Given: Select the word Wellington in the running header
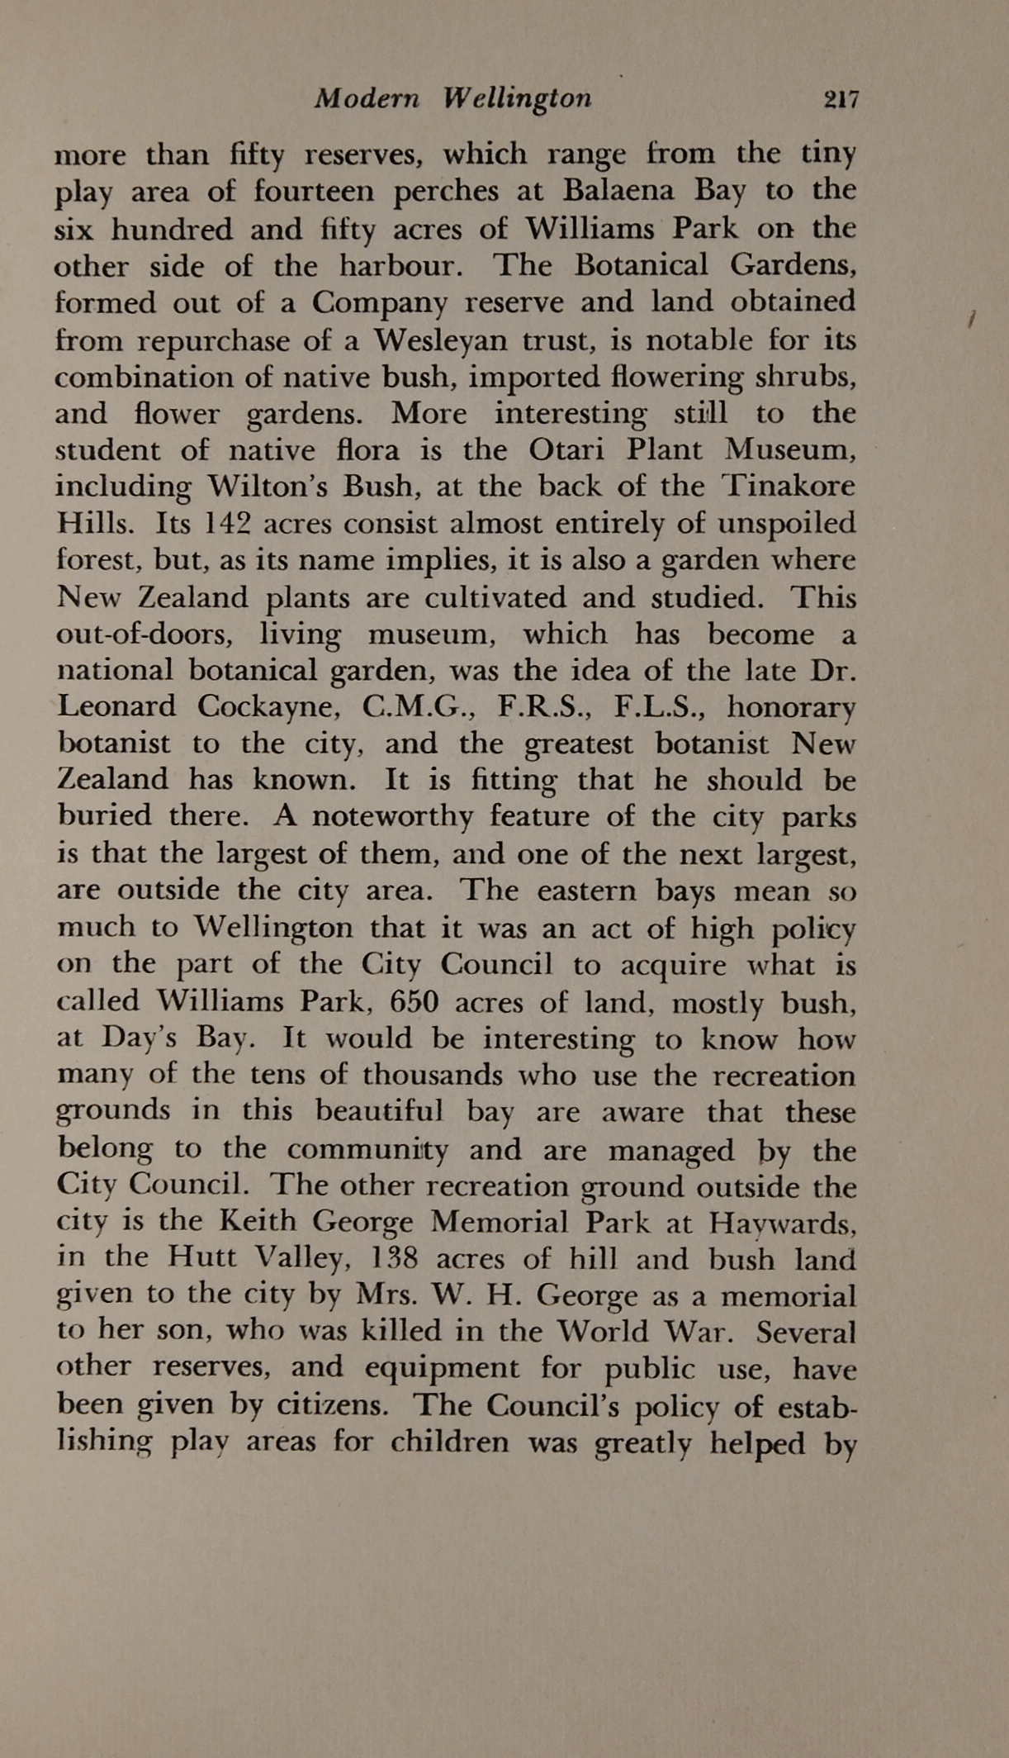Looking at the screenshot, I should [x=518, y=100].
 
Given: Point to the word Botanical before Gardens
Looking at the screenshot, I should [x=642, y=265].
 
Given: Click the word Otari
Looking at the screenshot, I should [x=563, y=450].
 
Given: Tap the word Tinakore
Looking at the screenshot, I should [x=789, y=486].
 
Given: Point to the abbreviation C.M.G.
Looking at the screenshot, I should [x=417, y=707].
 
